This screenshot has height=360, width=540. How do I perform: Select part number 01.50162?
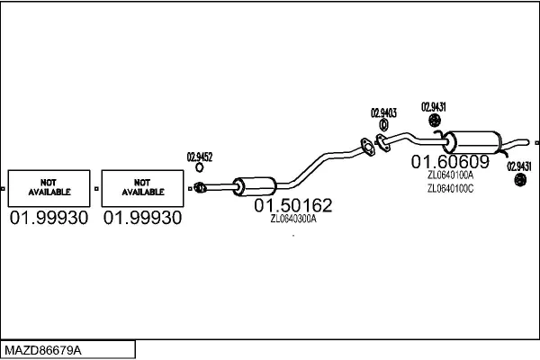[x=292, y=206]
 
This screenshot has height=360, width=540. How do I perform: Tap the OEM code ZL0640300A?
[x=293, y=219]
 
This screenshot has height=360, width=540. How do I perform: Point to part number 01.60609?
[x=450, y=163]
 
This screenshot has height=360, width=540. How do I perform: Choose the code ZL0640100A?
[x=450, y=175]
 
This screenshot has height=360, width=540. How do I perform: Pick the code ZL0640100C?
[x=450, y=189]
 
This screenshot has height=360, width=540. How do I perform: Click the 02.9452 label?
[x=200, y=157]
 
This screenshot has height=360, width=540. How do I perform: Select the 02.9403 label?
[x=383, y=112]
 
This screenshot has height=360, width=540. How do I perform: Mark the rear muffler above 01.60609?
[x=476, y=141]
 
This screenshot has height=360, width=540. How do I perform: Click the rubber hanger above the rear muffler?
[x=434, y=121]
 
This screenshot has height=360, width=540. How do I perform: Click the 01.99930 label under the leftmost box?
[x=49, y=218]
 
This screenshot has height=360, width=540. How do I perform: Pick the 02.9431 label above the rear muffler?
[x=434, y=107]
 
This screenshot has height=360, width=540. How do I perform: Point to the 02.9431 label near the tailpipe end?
[x=519, y=166]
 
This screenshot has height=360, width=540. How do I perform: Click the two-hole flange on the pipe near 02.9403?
[x=366, y=146]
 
